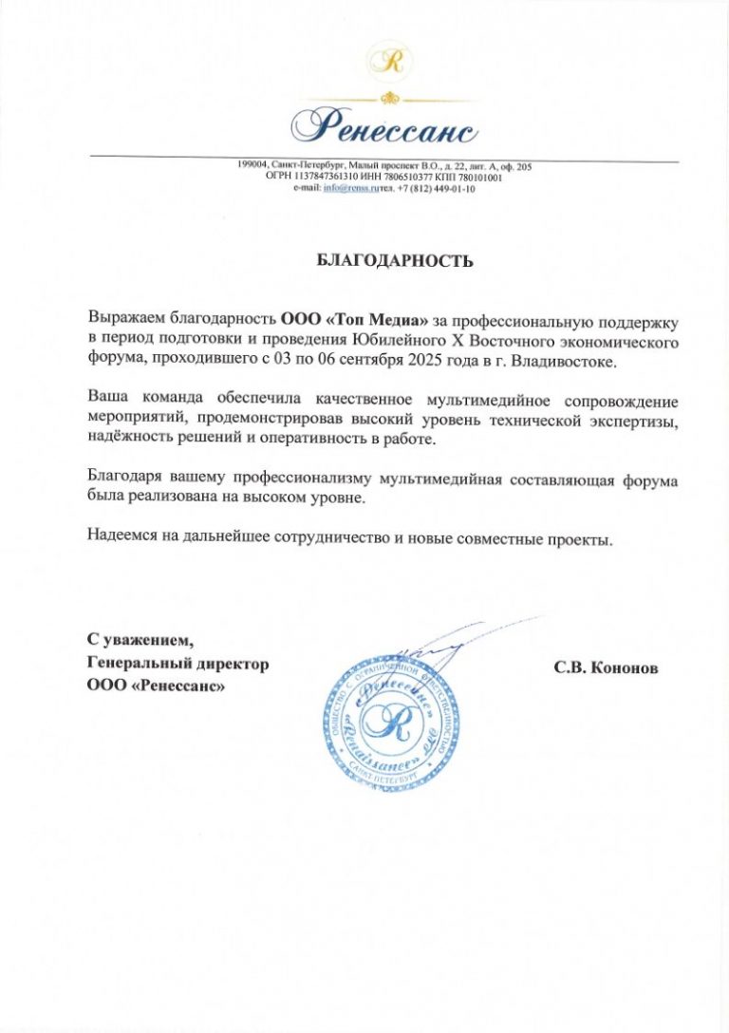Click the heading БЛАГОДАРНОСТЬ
click(394, 261)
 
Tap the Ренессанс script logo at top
click(383, 123)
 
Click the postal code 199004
click(253, 166)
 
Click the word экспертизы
click(631, 417)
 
